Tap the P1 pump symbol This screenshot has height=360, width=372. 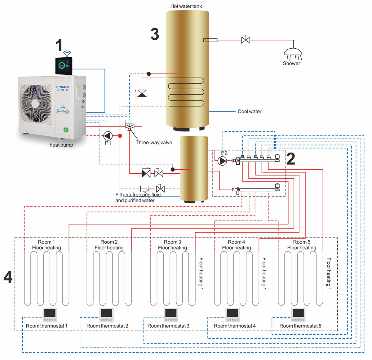coord(108,136)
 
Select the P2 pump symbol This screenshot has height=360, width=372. coord(222,161)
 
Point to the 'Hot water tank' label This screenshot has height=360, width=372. coord(186,6)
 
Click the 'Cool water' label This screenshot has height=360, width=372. coord(249,111)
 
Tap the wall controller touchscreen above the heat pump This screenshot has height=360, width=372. coord(64,65)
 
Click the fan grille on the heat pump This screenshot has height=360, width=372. coord(36,104)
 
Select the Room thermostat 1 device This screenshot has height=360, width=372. coord(50,314)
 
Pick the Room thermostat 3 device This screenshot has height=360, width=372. coord(171,314)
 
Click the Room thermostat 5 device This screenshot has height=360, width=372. coord(298,314)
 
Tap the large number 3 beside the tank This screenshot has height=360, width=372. coord(155,34)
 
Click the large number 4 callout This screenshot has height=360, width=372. coord(8,277)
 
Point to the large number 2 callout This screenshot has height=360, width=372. coord(290,159)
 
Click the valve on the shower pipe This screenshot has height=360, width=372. coord(246,40)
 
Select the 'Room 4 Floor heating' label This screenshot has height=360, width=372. coord(236,245)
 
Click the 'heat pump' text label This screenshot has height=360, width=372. coord(61,145)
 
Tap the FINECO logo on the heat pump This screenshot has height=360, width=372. coord(63,87)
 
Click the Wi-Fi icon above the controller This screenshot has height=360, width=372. coord(67,53)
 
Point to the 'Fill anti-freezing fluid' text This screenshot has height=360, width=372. coord(138,195)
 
